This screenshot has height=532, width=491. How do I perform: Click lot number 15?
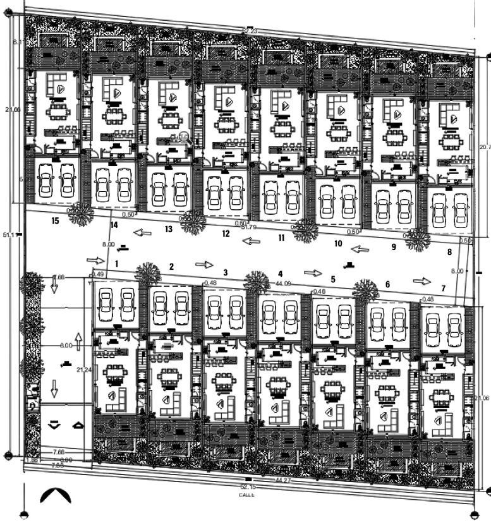click(56, 221)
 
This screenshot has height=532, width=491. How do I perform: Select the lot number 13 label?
click(168, 229)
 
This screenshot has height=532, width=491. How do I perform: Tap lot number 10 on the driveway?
click(338, 243)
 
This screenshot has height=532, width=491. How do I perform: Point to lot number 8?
click(449, 252)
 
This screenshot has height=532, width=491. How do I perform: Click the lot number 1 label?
click(117, 263)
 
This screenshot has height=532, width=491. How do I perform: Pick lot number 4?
click(280, 274)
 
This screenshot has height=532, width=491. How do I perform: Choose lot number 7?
click(443, 288)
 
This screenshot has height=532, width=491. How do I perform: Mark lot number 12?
click(226, 234)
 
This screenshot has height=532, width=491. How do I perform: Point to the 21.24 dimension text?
click(84, 369)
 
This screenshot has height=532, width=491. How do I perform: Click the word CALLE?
click(246, 495)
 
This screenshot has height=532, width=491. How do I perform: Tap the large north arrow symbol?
click(56, 495)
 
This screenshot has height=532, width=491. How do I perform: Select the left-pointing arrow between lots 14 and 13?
click(142, 233)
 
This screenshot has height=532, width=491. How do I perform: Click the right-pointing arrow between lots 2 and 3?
click(204, 264)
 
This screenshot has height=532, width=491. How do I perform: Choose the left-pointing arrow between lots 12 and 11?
click(252, 241)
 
